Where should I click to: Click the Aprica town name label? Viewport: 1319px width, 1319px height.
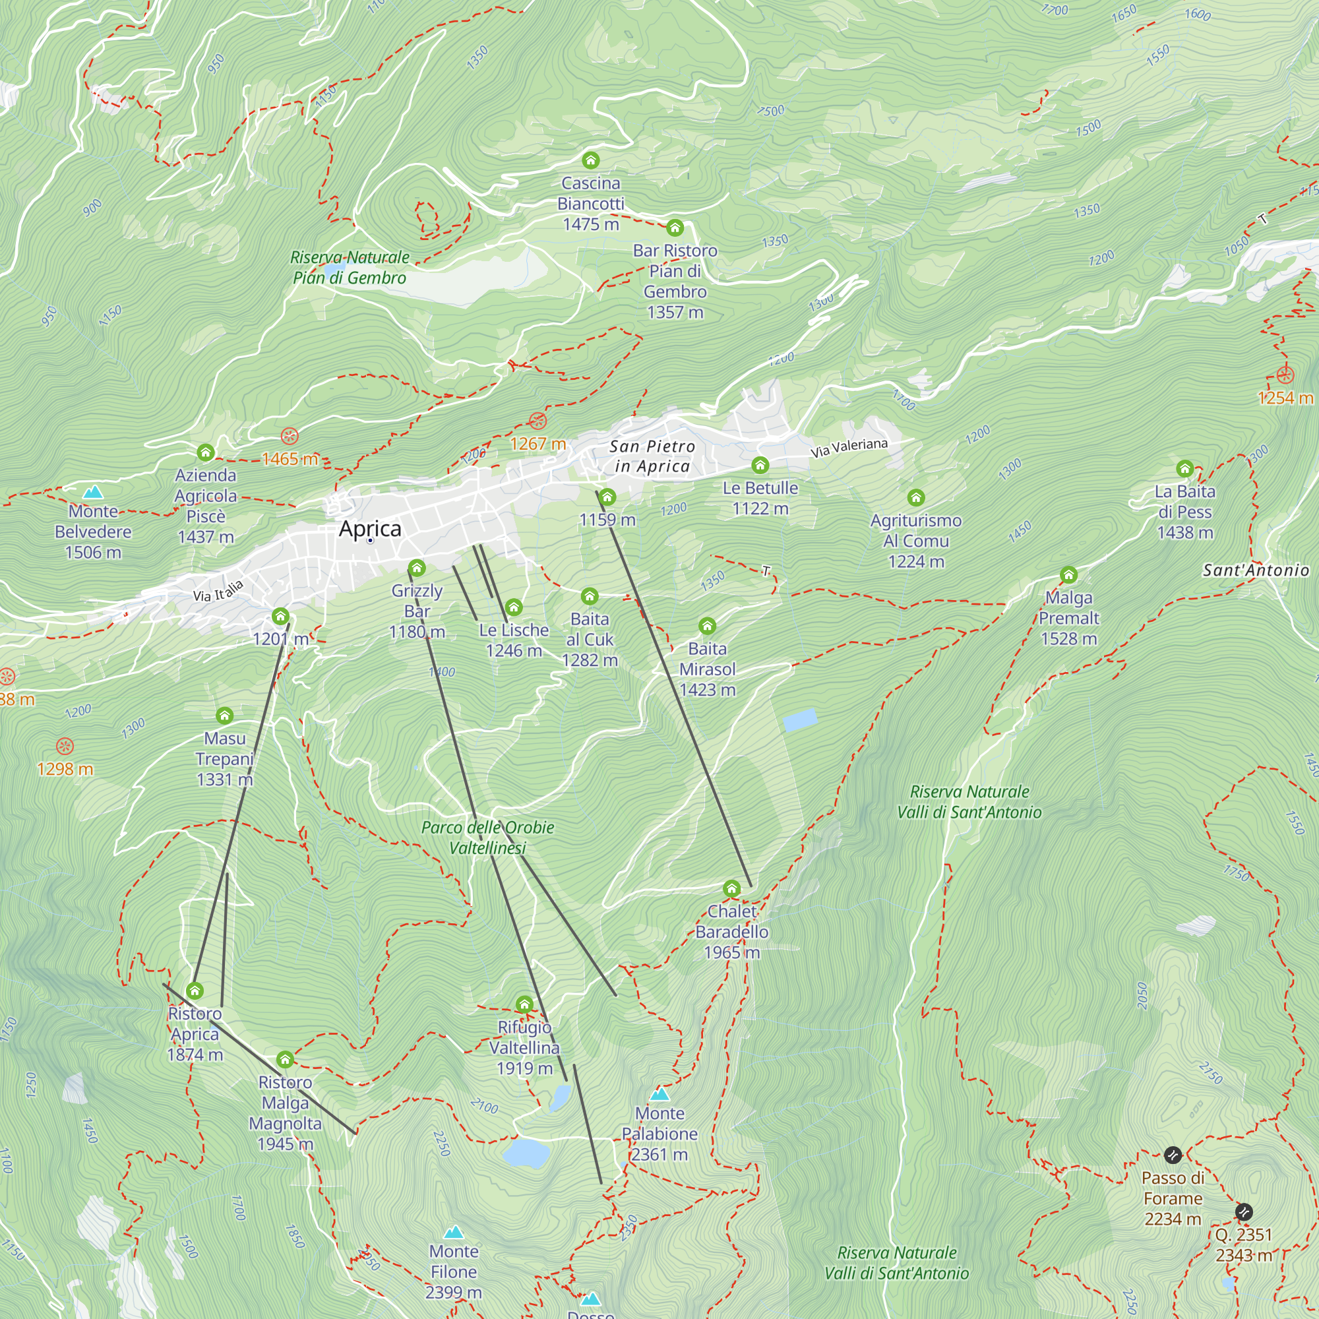[370, 528]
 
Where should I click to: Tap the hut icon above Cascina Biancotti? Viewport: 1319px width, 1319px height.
[590, 160]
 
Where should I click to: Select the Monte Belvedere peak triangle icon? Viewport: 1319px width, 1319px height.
[93, 492]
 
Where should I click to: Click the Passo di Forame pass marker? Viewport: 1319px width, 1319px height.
[1172, 1155]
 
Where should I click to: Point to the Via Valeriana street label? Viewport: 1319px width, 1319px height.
[849, 448]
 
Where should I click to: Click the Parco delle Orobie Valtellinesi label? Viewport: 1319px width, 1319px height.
[487, 838]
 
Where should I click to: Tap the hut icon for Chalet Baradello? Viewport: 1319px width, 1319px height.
[731, 889]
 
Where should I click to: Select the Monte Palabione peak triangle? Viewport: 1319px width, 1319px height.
[659, 1094]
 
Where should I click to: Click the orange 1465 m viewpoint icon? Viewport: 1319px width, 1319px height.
[290, 436]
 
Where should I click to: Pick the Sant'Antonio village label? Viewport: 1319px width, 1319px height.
[1256, 570]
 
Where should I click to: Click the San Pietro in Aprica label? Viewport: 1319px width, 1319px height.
[652, 456]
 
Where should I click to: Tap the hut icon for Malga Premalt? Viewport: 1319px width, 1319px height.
[1068, 575]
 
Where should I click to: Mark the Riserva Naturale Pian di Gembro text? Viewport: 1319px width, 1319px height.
[350, 268]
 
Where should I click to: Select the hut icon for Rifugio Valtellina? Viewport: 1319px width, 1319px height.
[524, 1004]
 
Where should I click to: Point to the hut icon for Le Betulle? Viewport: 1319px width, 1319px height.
[760, 466]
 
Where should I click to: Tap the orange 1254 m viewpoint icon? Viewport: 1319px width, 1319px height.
[1285, 375]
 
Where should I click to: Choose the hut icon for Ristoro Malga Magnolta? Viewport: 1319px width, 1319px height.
[286, 1060]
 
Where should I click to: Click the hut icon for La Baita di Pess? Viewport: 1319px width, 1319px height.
[1184, 468]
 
